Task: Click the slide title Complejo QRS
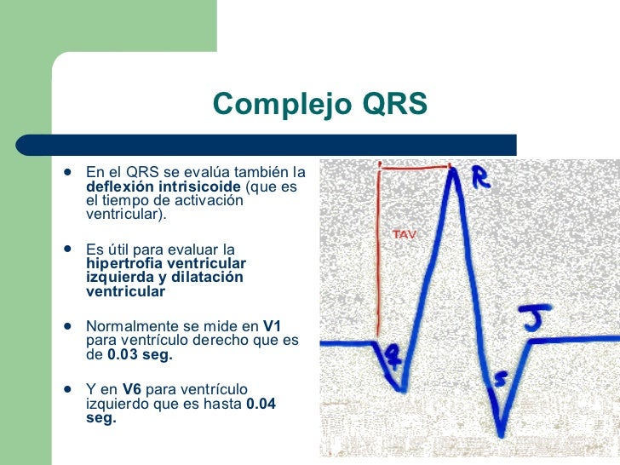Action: tap(319, 104)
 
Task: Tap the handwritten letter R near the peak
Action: tap(482, 177)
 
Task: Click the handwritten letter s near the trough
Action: tap(502, 378)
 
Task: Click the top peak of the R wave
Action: tap(456, 170)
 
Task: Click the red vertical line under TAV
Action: tap(377, 255)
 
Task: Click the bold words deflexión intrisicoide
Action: tap(164, 186)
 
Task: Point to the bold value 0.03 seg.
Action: tap(140, 354)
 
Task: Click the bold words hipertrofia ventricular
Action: tap(166, 263)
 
